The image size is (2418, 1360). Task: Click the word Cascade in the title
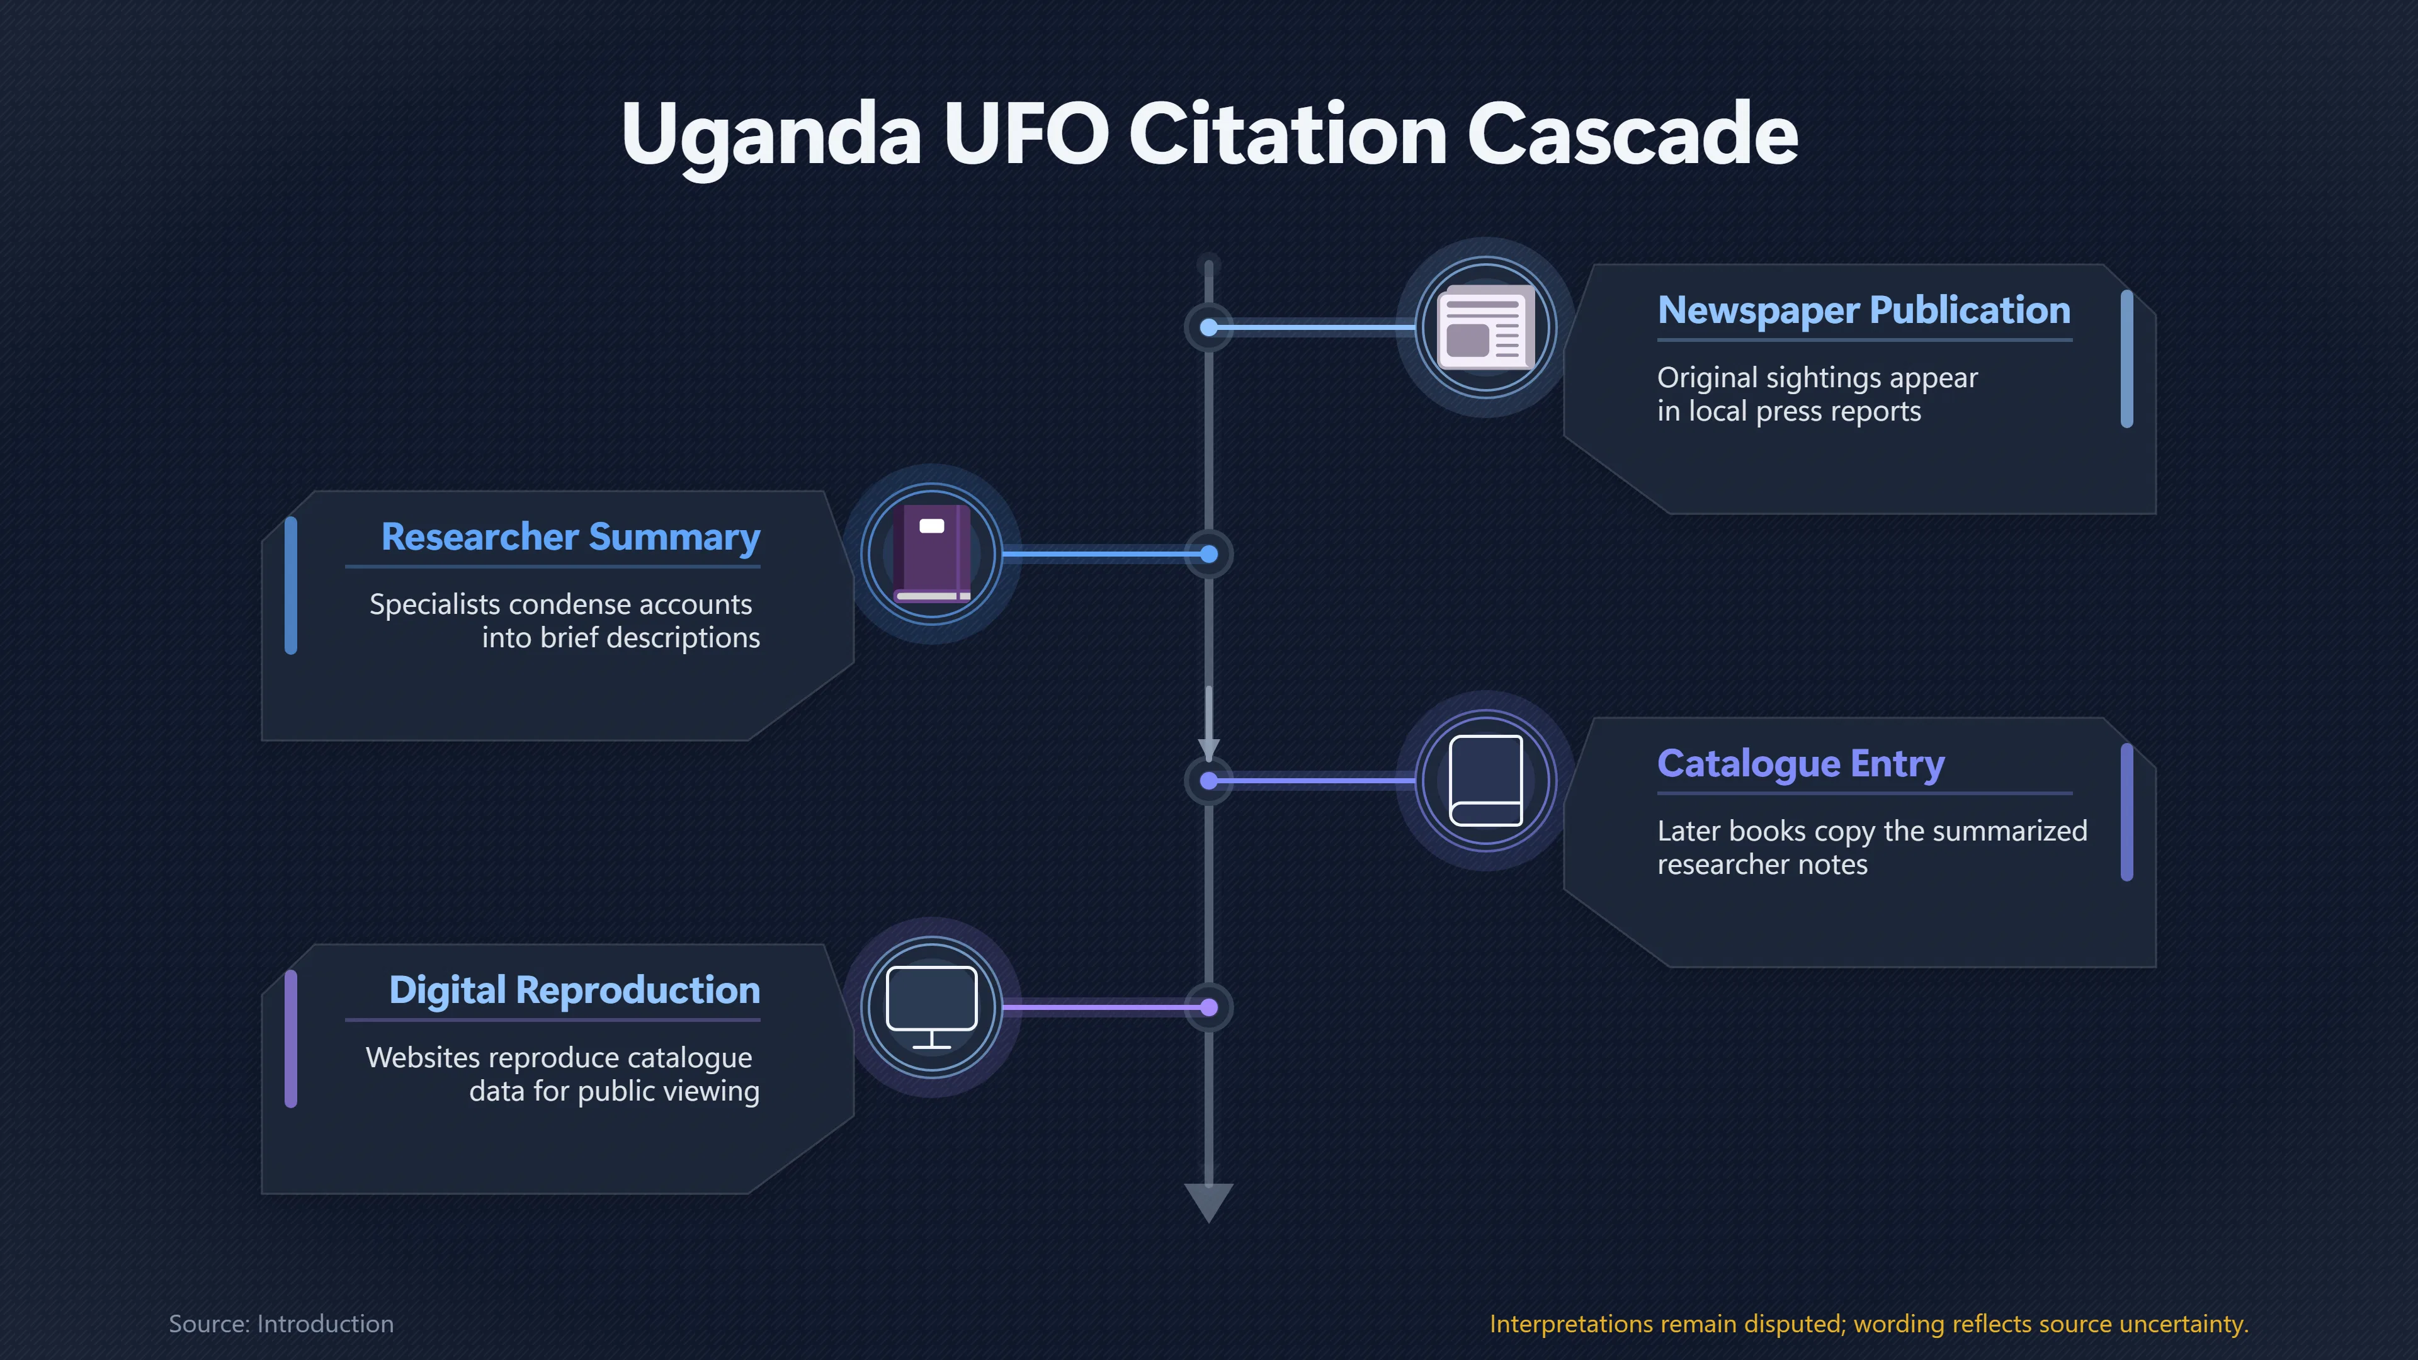[1632, 133]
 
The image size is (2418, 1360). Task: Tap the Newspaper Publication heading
[1863, 310]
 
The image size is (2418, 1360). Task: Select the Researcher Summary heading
[570, 538]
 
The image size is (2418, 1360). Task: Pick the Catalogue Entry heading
[1800, 764]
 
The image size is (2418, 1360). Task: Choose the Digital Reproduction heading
[574, 991]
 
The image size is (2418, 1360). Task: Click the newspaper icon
[1486, 327]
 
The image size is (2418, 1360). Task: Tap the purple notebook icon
[932, 554]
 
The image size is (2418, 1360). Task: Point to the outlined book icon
[1486, 781]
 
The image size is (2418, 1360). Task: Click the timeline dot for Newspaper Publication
[1209, 327]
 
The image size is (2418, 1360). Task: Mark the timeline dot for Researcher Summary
[1209, 555]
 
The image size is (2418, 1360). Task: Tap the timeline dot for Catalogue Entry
[1209, 781]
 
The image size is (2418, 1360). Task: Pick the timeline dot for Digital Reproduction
[1209, 1008]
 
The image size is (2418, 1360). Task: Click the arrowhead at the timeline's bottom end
[1209, 1203]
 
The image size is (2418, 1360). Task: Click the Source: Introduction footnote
[281, 1323]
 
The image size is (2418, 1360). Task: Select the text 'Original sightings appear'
[1817, 377]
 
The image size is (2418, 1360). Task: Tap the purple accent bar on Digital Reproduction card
[291, 1039]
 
